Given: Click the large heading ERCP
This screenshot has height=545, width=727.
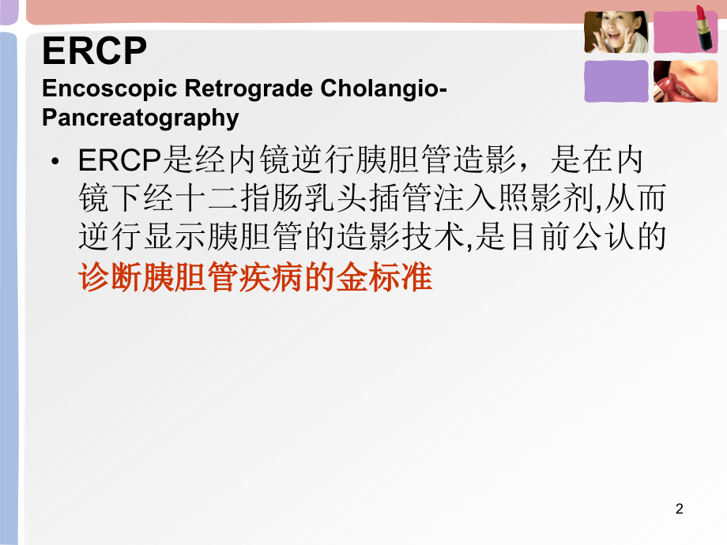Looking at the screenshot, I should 94,53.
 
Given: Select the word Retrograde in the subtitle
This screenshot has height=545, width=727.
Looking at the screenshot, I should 238,88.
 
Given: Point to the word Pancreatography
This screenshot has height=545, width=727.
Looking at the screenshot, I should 140,118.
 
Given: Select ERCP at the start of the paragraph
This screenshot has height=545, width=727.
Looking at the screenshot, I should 119,162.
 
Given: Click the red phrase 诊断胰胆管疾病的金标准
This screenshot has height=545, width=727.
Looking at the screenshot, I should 256,279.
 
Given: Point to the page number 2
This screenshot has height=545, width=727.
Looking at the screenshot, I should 680,509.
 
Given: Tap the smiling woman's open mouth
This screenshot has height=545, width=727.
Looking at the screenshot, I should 612,39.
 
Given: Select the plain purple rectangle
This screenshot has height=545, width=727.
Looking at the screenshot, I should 616,81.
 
